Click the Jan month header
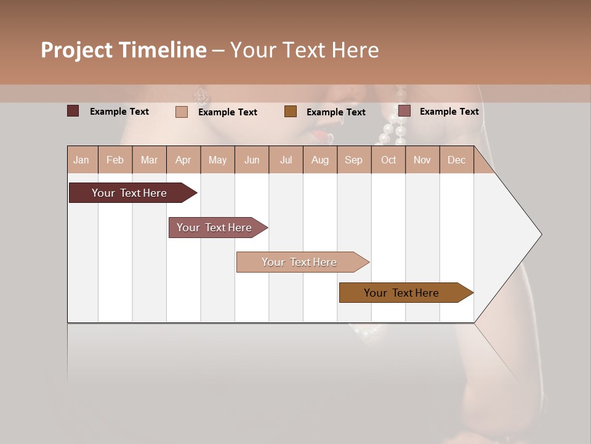pyautogui.click(x=81, y=160)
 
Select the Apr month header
pyautogui.click(x=183, y=160)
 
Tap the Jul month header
pyautogui.click(x=286, y=160)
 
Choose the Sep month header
pyautogui.click(x=353, y=160)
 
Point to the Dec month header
pyautogui.click(x=456, y=160)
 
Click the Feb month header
pyautogui.click(x=115, y=160)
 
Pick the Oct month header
pyautogui.click(x=388, y=160)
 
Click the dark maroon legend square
pyautogui.click(x=73, y=111)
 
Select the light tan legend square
pyautogui.click(x=181, y=112)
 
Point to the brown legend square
pyautogui.click(x=291, y=111)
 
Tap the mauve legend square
pyautogui.click(x=404, y=110)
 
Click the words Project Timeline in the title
pyautogui.click(x=124, y=50)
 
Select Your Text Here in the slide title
pyautogui.click(x=304, y=50)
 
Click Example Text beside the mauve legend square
pyautogui.click(x=449, y=111)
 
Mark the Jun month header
pyautogui.click(x=252, y=160)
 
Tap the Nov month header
pyautogui.click(x=422, y=160)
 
